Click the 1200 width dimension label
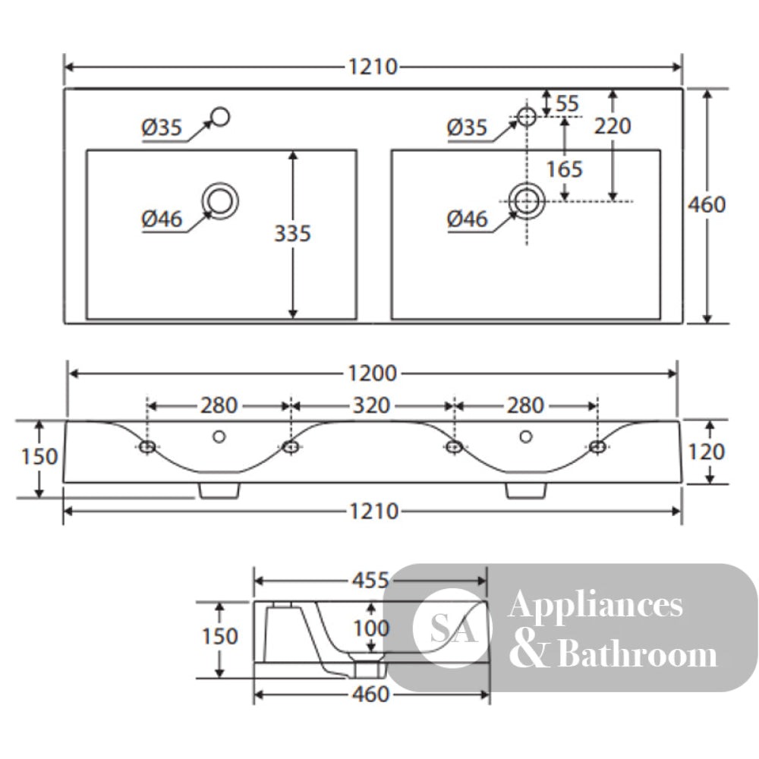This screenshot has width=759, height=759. point(372,373)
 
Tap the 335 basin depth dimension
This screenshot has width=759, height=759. point(292,234)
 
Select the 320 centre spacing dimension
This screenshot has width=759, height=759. point(371,405)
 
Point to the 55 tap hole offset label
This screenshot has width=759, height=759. point(567,103)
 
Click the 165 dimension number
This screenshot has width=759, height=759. point(565,169)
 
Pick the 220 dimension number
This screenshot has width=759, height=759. point(613,126)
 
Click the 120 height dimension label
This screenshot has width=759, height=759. point(706,452)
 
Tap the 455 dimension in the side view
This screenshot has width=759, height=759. point(370,581)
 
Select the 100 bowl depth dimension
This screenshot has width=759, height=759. point(371,628)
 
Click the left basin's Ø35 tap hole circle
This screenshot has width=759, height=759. point(221,117)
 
